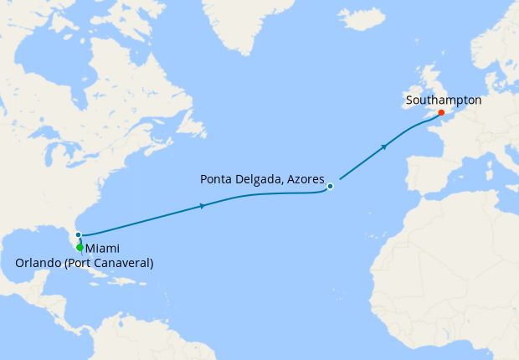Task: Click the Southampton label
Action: (443, 100)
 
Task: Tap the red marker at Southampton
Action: (441, 112)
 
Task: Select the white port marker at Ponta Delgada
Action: (331, 186)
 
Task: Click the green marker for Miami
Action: (80, 247)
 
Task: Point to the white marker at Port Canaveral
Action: (78, 235)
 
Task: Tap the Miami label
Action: (102, 249)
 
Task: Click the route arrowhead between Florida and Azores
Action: (203, 206)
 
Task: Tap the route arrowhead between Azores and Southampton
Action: (384, 147)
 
